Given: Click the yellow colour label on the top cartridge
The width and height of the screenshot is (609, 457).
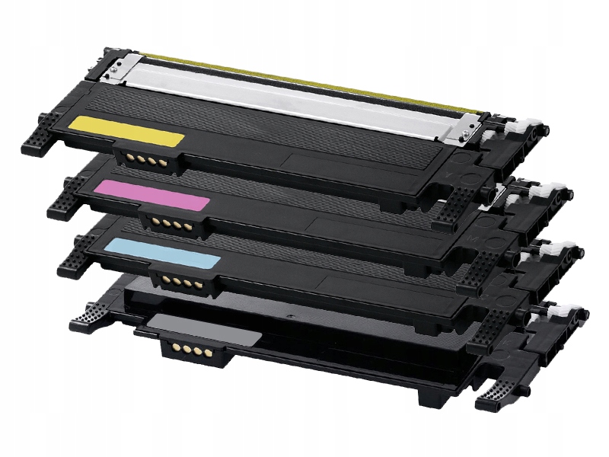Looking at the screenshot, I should (x=126, y=131).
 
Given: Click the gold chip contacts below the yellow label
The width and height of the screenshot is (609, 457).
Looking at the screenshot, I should (x=138, y=158).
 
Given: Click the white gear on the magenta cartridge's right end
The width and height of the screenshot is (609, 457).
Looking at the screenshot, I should (x=552, y=190).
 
